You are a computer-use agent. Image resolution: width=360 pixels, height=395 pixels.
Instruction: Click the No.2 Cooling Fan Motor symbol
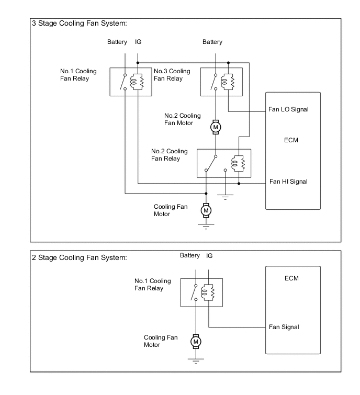pos(215,127)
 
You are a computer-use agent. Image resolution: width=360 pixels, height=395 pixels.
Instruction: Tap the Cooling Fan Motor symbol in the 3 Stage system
pos(206,210)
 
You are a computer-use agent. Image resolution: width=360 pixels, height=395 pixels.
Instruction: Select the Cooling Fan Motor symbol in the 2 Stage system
pos(196,342)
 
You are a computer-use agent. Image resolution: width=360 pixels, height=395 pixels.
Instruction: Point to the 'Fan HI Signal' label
pos(288,182)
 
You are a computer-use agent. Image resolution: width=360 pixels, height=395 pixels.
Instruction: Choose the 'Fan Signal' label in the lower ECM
pos(284,327)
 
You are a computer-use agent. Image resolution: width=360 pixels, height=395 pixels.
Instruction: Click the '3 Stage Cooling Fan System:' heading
pos(80,24)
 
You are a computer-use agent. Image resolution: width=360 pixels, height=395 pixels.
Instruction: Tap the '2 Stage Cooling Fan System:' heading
pos(80,257)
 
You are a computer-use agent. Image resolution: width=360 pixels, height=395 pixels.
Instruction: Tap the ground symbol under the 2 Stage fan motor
pos(196,361)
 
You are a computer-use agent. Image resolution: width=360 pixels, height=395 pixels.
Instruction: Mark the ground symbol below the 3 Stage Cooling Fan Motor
pos(206,226)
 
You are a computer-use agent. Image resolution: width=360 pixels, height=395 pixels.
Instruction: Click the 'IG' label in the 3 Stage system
pos(138,42)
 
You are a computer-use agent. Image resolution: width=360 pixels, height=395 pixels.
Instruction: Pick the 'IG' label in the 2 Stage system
pos(209,256)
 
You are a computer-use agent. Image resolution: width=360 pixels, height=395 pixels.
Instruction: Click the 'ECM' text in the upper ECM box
pos(292,141)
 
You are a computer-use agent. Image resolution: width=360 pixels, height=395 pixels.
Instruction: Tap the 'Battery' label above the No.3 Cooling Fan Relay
pos(212,42)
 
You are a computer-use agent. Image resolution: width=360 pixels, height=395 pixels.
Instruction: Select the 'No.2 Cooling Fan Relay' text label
pos(169,155)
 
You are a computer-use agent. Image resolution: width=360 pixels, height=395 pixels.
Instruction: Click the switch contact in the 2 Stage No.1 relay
pos(195,293)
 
